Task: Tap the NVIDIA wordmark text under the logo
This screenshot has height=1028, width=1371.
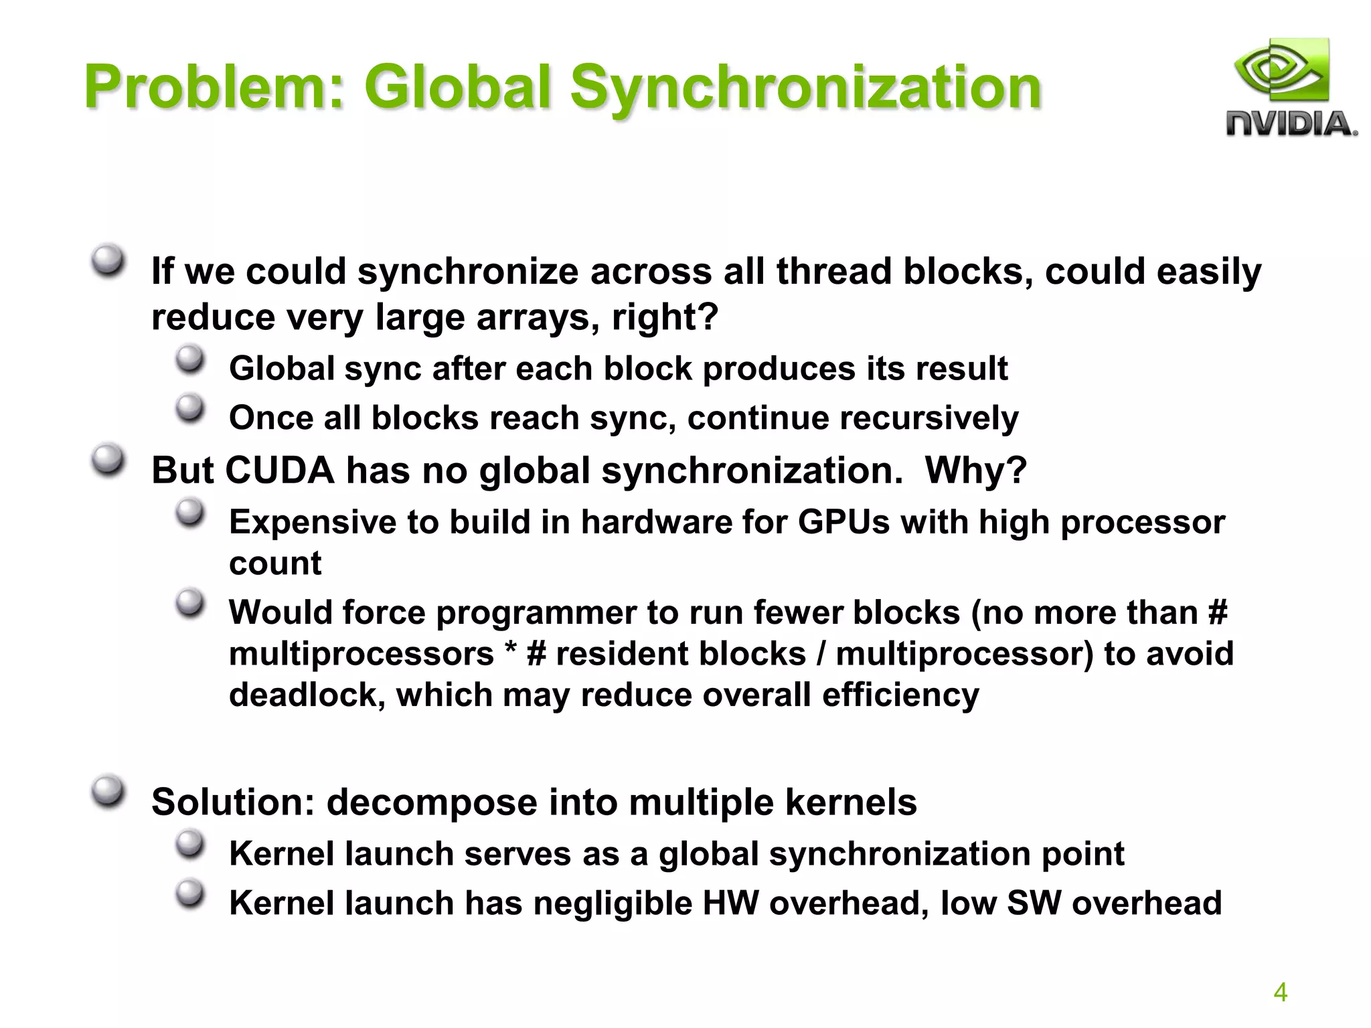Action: pos(1291,124)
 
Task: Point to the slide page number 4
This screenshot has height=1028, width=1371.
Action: pos(1280,992)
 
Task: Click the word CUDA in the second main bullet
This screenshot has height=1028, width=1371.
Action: pos(279,470)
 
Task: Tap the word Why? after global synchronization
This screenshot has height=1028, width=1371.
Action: pos(975,470)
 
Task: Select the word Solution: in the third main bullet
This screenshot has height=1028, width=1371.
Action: pos(233,802)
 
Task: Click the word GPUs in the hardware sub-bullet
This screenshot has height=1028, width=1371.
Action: pos(843,521)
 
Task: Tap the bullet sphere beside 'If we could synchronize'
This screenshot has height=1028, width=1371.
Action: pos(108,260)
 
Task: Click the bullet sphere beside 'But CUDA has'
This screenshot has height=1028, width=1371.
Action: pos(108,460)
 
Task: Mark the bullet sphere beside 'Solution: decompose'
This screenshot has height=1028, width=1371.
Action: pos(108,792)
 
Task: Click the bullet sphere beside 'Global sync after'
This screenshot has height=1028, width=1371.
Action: pos(190,360)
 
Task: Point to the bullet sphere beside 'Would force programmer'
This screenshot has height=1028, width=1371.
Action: pos(190,604)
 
